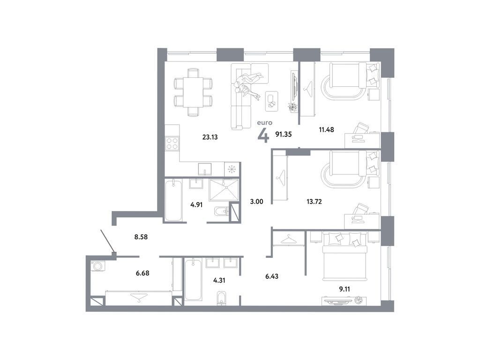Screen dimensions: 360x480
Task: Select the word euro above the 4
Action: (x=263, y=123)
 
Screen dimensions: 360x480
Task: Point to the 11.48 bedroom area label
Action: (x=326, y=130)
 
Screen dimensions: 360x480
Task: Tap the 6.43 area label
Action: (x=272, y=276)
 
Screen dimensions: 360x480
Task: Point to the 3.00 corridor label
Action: (x=256, y=202)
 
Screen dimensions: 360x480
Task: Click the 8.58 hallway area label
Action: (x=142, y=237)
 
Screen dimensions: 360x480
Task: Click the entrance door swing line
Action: (x=107, y=241)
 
